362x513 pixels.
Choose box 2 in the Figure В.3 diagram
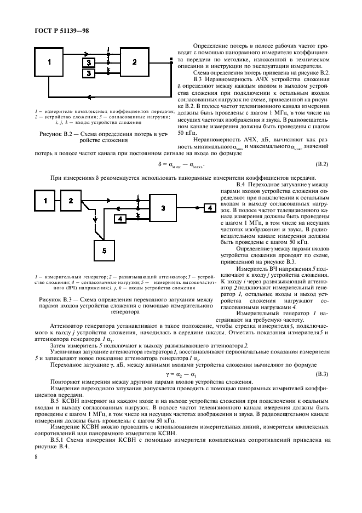coord(71,201)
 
